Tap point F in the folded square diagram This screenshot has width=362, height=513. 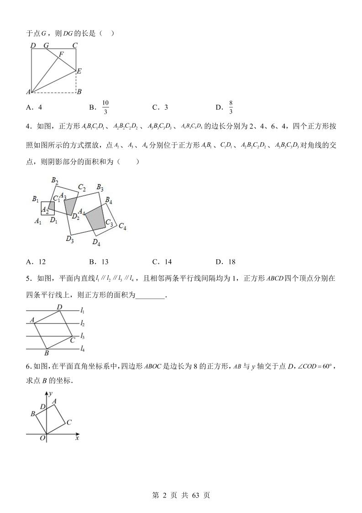[61, 54]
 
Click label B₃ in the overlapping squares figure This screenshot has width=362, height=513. [100, 187]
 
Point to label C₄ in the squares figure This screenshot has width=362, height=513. [122, 226]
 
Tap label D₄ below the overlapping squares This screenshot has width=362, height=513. [96, 242]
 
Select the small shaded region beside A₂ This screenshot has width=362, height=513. [51, 208]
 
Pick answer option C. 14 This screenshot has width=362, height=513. [162, 262]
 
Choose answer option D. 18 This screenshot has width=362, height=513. [225, 262]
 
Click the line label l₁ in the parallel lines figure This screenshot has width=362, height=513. [82, 310]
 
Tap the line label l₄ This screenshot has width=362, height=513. [82, 349]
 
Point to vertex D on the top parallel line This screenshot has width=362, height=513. [59, 307]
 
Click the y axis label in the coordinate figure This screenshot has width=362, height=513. [52, 392]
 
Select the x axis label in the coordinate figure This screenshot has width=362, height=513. [77, 438]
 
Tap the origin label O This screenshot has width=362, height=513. [42, 438]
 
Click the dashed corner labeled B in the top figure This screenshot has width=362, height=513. [79, 91]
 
